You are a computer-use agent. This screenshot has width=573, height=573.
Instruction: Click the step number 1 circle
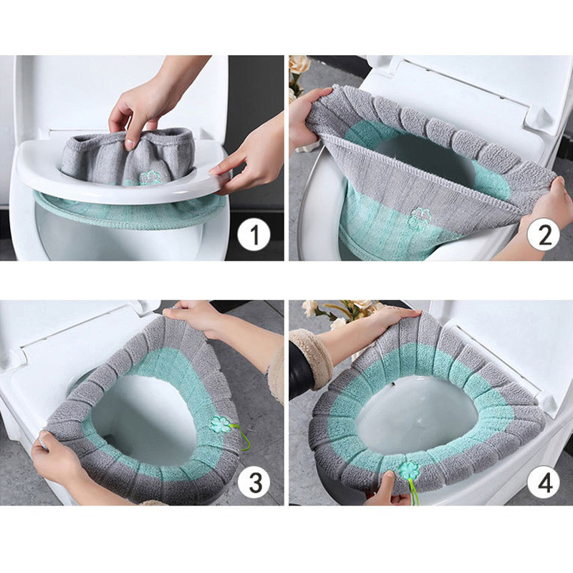(254, 234)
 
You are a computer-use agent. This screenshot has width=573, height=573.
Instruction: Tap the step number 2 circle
(543, 234)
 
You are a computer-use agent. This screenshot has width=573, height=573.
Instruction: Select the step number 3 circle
(254, 481)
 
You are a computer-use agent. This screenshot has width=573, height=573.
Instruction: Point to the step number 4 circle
(544, 481)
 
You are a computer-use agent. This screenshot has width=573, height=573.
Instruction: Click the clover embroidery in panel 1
(150, 178)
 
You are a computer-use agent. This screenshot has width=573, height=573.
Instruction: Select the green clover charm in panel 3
(221, 424)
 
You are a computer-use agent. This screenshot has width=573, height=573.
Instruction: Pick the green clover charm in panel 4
(408, 471)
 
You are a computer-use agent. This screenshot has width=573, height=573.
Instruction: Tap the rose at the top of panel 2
(299, 65)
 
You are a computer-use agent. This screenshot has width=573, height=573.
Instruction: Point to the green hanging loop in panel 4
(415, 491)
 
